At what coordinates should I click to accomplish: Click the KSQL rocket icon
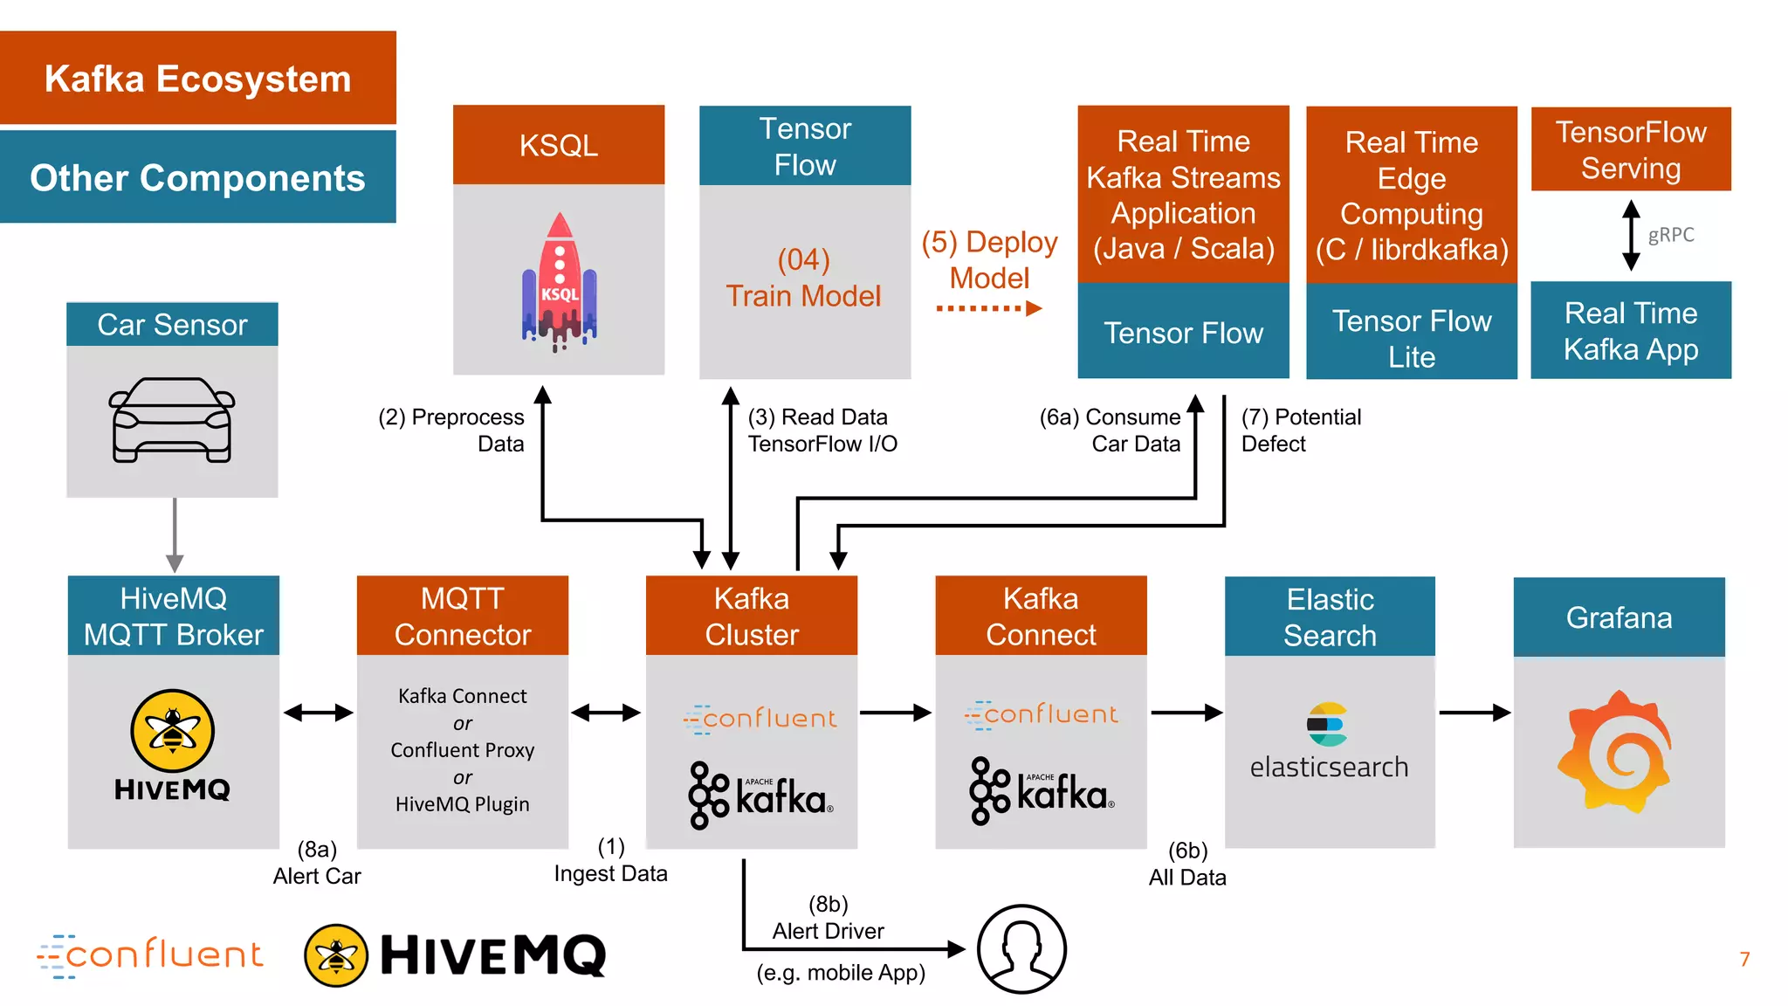(x=559, y=281)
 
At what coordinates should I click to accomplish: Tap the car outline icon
(x=172, y=419)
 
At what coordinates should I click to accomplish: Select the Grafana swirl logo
(x=1618, y=752)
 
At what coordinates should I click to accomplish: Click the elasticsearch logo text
(x=1329, y=767)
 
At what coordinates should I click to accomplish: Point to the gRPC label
(x=1670, y=235)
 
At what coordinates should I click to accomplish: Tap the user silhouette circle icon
(x=1021, y=948)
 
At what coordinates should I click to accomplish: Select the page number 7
(x=1743, y=959)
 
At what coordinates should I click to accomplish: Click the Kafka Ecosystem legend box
(x=198, y=79)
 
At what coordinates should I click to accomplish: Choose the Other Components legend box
(x=198, y=177)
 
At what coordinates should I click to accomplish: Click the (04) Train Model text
(x=804, y=278)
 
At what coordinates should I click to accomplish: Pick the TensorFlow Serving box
(x=1631, y=149)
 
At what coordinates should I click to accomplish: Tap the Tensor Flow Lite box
(x=1411, y=338)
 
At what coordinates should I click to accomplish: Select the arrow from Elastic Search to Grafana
(x=1475, y=713)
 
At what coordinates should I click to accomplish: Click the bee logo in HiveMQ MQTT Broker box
(x=172, y=730)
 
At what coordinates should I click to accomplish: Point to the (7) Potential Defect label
(x=1300, y=430)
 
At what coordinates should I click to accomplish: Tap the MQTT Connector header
(x=462, y=616)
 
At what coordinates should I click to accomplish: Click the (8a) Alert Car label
(x=316, y=863)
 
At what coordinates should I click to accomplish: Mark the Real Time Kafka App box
(x=1630, y=330)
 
